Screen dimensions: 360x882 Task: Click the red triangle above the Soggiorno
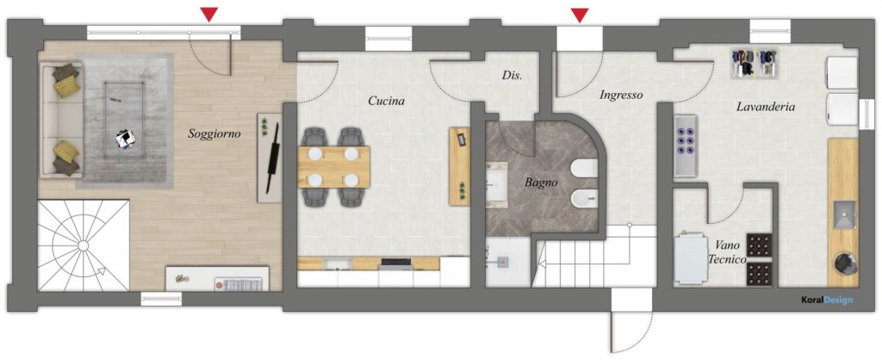208,14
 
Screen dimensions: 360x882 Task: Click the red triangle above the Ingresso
580,14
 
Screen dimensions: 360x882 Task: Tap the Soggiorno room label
214,133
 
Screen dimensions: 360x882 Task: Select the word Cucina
386,101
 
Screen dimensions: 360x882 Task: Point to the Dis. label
512,75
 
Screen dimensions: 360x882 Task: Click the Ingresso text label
621,95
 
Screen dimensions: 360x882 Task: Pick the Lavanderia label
765,107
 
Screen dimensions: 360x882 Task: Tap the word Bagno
542,182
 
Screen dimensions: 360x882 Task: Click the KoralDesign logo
825,301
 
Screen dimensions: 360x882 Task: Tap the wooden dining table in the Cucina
334,167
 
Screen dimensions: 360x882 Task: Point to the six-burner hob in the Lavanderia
685,146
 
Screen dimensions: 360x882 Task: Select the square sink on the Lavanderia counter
843,212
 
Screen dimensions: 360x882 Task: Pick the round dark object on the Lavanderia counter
843,263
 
